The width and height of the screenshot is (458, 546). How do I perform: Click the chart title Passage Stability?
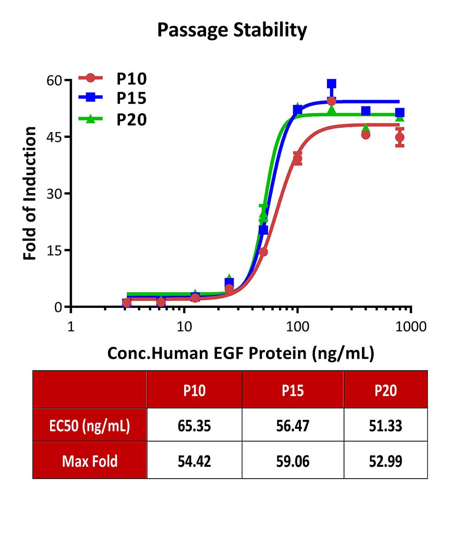click(232, 30)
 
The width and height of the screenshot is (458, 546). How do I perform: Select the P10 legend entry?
click(113, 79)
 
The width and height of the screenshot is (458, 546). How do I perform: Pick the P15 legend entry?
click(113, 98)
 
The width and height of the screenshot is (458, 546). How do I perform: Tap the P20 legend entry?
click(113, 120)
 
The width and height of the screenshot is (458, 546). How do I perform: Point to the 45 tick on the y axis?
click(54, 137)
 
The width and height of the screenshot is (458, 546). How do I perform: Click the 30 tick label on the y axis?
click(54, 194)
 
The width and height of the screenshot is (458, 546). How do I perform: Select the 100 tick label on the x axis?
click(297, 327)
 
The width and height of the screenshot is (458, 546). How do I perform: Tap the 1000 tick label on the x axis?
click(411, 327)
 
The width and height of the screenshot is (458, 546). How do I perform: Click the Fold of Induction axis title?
click(30, 193)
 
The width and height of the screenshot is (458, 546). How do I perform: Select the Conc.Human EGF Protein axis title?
click(240, 354)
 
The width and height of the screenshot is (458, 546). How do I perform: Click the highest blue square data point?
click(332, 83)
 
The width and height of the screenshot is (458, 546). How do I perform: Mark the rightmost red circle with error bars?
click(400, 137)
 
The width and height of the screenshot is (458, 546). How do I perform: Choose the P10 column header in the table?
click(194, 390)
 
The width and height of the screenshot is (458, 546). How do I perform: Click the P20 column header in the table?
click(386, 390)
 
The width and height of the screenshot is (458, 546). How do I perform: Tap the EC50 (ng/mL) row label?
click(89, 426)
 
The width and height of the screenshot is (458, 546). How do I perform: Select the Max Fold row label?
click(89, 461)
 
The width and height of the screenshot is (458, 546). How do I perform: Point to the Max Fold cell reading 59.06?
click(293, 461)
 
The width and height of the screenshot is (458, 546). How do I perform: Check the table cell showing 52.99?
click(386, 461)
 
